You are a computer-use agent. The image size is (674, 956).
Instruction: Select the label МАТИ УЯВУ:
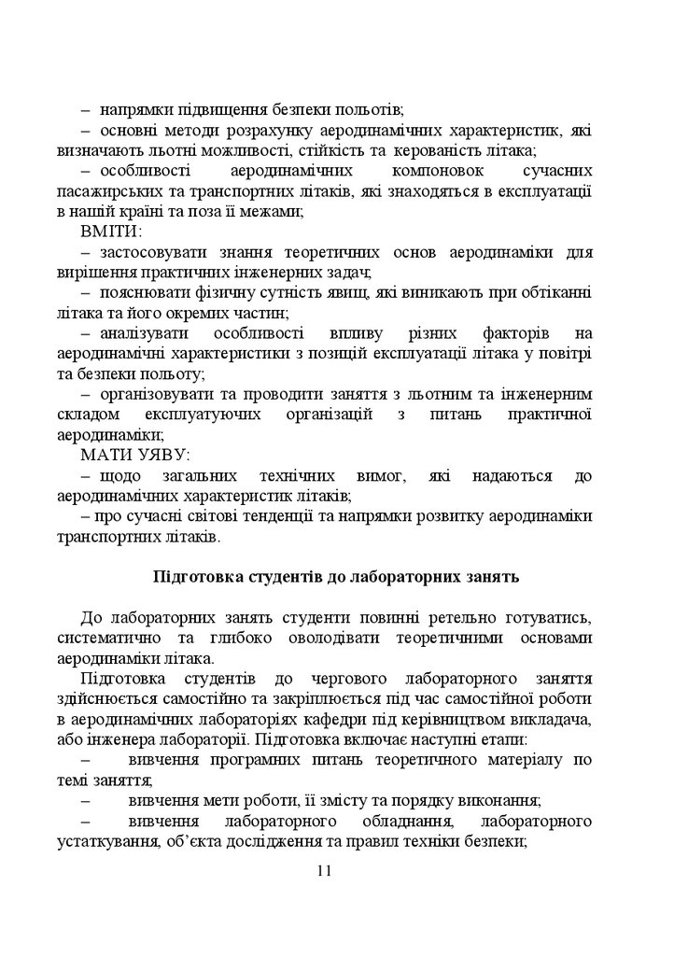(134, 455)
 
